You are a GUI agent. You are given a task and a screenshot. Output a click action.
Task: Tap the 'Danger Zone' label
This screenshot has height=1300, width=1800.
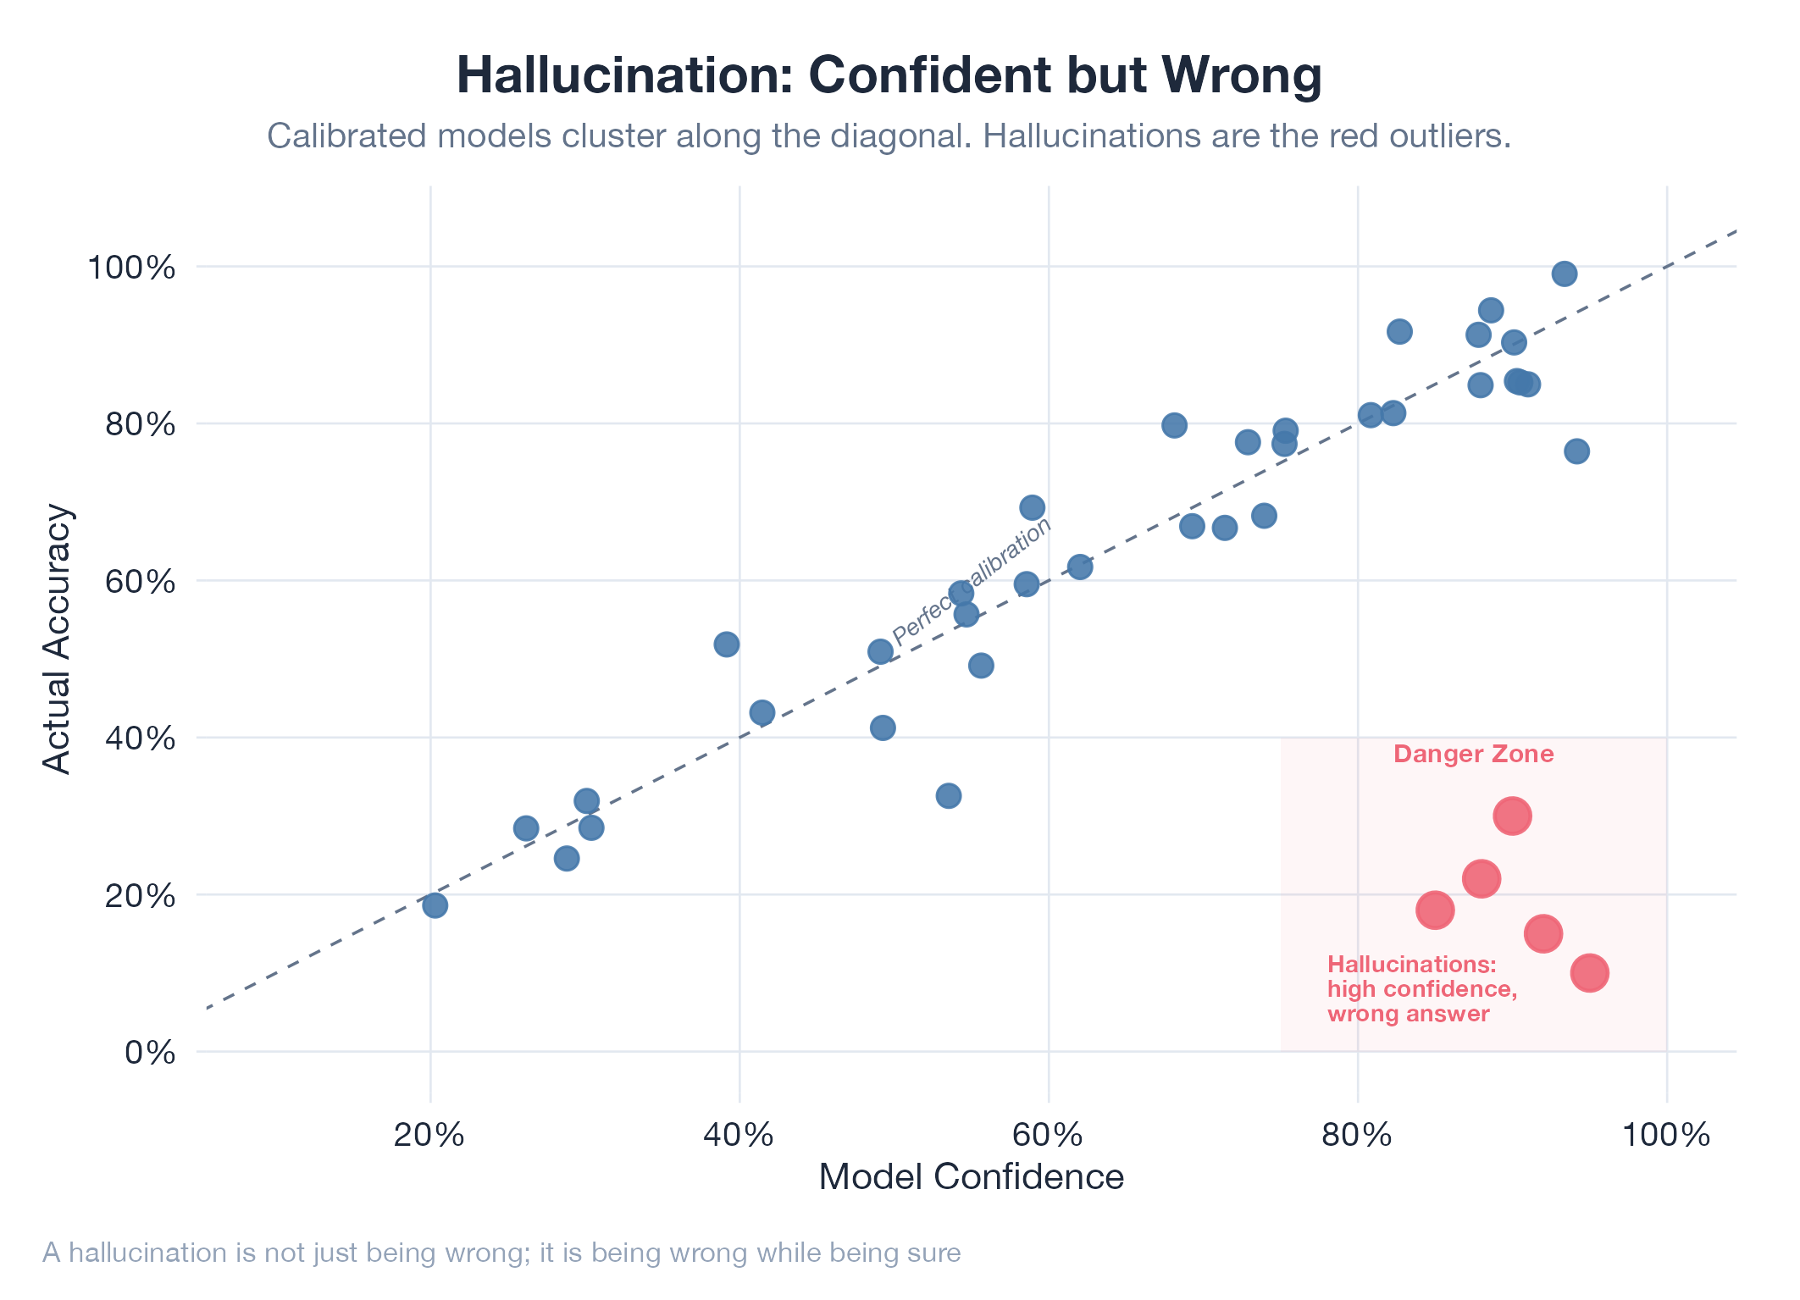click(x=1473, y=754)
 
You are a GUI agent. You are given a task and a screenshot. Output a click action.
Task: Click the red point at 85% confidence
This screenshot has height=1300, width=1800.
click(x=1435, y=910)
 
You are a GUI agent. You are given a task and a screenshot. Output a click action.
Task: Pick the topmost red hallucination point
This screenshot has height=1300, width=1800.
click(x=1512, y=816)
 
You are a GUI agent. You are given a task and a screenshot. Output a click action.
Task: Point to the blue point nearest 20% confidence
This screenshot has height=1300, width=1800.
click(x=435, y=905)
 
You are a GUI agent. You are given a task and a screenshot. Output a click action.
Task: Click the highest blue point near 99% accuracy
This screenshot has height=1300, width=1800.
click(x=1564, y=274)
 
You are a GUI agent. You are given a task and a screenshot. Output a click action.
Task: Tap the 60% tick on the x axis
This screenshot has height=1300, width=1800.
click(x=1049, y=1136)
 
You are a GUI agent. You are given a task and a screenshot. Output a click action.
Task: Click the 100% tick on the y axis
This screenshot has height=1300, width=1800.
click(x=131, y=268)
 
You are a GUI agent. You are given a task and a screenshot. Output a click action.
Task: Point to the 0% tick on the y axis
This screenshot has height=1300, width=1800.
click(x=150, y=1053)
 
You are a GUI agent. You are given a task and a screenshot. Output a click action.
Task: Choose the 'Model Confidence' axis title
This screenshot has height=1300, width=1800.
click(x=971, y=1177)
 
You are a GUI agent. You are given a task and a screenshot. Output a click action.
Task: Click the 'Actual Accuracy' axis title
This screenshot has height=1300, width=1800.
click(x=58, y=639)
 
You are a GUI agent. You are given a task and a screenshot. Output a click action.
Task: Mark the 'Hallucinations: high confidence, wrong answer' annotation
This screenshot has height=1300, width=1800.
click(x=1421, y=989)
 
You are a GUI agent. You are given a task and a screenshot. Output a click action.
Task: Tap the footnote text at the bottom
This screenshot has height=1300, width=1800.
click(x=501, y=1253)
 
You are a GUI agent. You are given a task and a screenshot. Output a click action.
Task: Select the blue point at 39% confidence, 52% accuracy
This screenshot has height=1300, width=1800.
click(x=726, y=644)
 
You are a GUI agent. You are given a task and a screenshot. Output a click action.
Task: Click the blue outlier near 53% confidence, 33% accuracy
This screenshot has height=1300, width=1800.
click(x=948, y=796)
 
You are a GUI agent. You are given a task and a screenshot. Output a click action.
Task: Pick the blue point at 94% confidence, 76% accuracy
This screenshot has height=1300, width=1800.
click(x=1576, y=451)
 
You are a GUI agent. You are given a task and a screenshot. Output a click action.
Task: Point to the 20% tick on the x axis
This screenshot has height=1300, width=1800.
click(x=430, y=1136)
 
